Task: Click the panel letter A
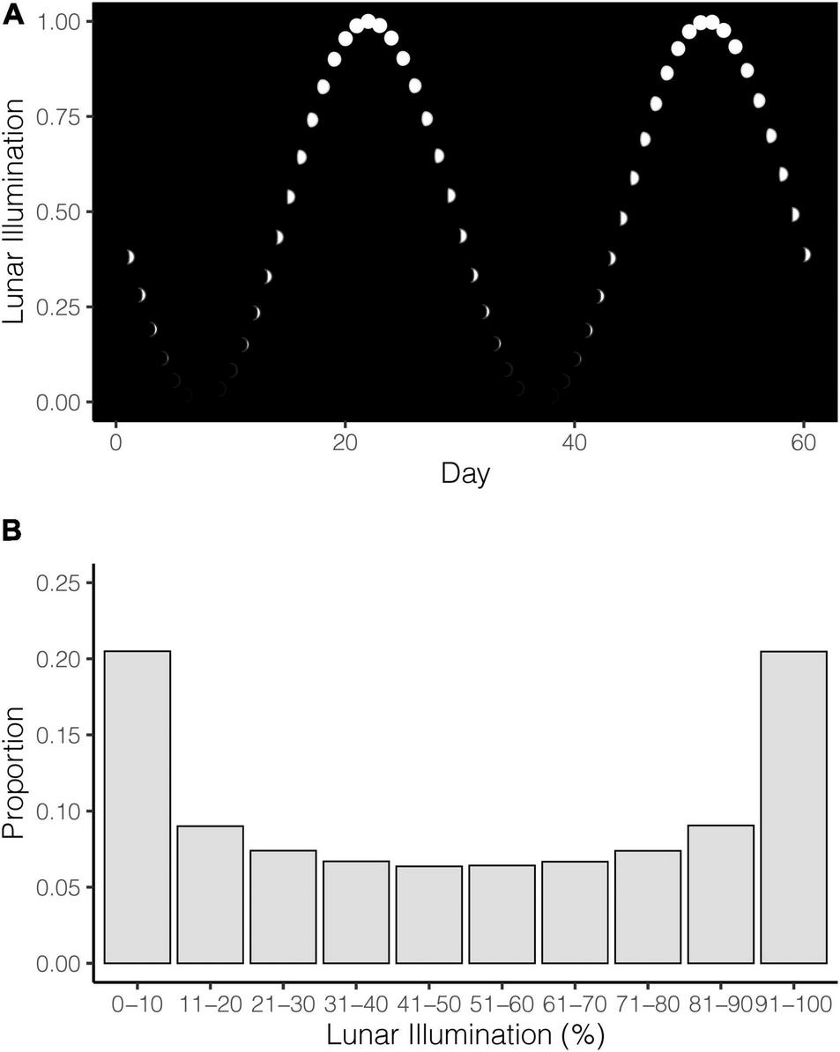click(12, 15)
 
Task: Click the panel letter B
click(12, 532)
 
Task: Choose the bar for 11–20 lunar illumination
click(211, 893)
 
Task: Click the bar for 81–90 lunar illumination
click(721, 893)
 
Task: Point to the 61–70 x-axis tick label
click(575, 1003)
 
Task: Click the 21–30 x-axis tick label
click(283, 1003)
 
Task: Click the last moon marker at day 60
click(805, 255)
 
